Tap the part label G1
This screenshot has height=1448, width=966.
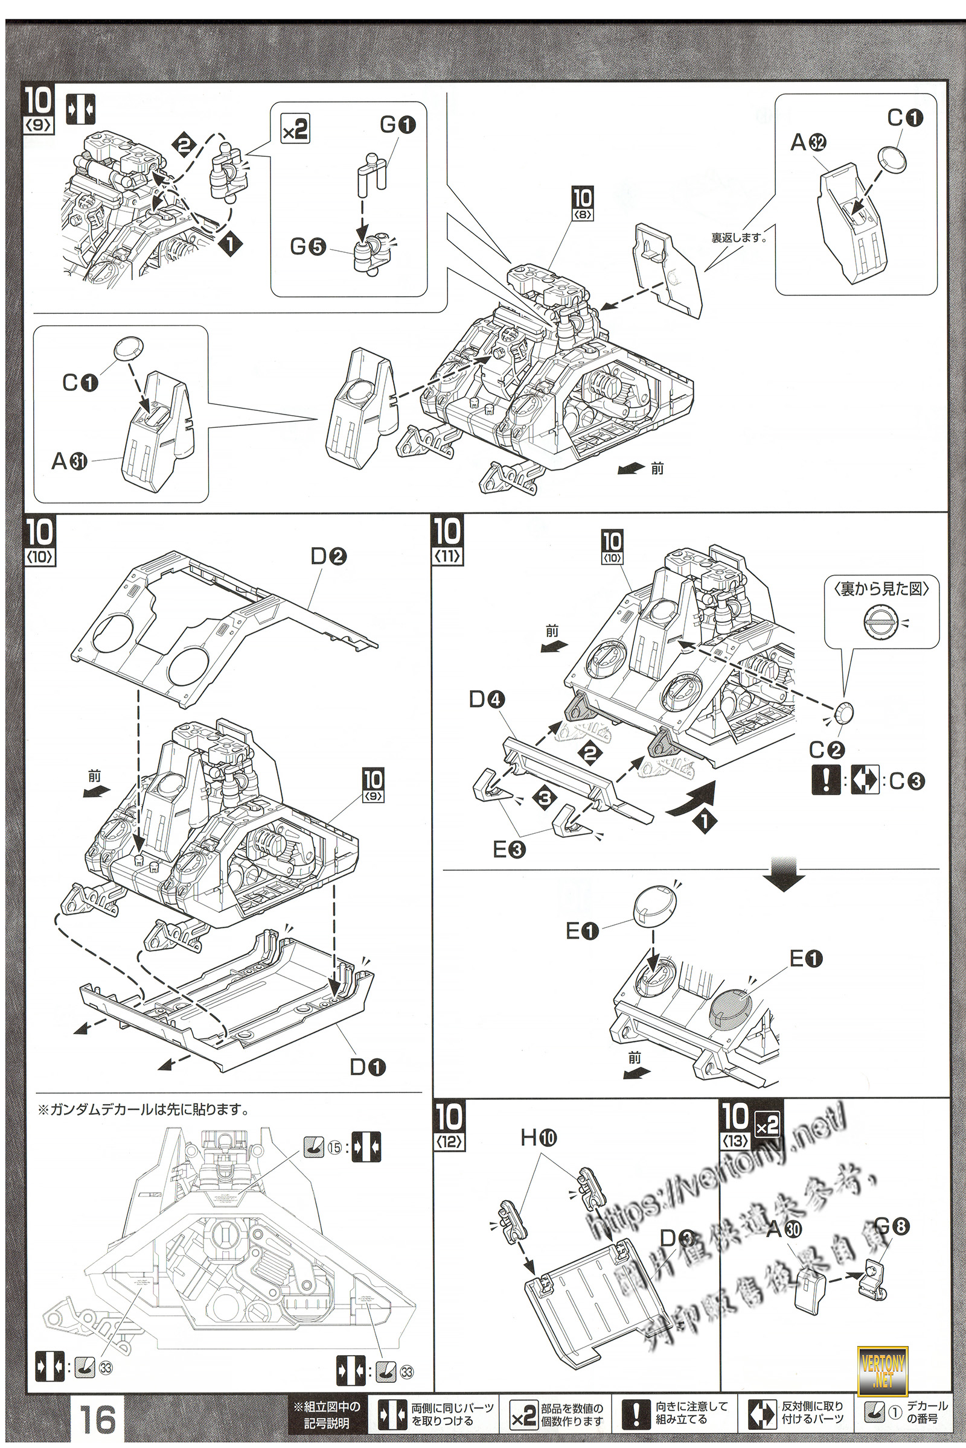click(397, 125)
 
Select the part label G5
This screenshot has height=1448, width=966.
click(307, 247)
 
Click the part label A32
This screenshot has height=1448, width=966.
click(808, 143)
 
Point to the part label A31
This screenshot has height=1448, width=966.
click(69, 460)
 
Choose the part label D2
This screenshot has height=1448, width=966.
click(328, 556)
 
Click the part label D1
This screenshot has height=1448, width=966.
click(367, 1067)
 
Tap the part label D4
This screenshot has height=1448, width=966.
click(487, 699)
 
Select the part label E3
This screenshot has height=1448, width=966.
click(509, 849)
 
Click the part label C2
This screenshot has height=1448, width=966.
click(826, 749)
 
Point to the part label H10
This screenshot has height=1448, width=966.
click(538, 1137)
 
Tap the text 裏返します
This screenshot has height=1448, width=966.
click(738, 238)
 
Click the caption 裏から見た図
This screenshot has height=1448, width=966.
click(881, 589)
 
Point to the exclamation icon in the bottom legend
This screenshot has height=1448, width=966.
click(636, 1414)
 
